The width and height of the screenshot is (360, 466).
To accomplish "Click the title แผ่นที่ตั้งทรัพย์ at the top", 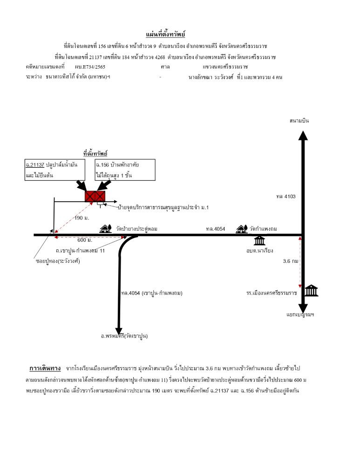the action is tap(165, 34).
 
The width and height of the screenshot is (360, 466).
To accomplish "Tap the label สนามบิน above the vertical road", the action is tap(299, 120).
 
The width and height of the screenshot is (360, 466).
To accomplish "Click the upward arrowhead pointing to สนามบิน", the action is tap(303, 135).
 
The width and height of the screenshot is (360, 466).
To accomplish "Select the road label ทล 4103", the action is tap(286, 196).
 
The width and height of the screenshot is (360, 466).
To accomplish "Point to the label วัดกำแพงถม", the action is tap(263, 228).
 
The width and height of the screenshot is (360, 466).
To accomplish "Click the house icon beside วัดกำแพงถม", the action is tap(242, 229).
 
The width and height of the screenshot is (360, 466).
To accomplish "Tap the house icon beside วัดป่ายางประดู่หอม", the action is tap(105, 228).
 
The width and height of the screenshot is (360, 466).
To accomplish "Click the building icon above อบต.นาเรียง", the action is tap(259, 240).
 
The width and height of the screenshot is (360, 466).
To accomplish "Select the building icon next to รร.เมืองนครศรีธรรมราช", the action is tap(312, 290).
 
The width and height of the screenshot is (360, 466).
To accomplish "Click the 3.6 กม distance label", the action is tap(291, 261).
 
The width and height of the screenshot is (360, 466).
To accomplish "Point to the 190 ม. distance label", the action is tap(82, 218).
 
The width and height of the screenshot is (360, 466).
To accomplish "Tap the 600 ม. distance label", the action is tap(85, 240).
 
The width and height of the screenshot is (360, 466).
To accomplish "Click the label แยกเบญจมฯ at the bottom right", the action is tap(300, 314).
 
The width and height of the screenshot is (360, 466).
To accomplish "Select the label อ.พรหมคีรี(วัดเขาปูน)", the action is tap(124, 336).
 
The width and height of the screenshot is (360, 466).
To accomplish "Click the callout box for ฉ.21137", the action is tap(55, 170).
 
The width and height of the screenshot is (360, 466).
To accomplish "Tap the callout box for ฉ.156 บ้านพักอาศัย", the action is tap(125, 170).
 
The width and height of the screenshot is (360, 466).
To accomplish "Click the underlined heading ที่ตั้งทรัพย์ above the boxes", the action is tap(95, 153).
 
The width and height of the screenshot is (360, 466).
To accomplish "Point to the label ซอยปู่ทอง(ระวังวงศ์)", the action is tap(58, 261).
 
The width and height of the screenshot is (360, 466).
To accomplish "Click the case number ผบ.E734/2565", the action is tap(90, 67).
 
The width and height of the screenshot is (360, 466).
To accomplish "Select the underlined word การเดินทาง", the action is tap(45, 369).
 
